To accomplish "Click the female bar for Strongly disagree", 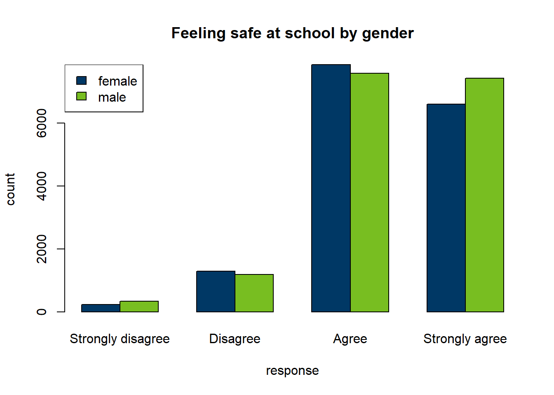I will (101, 308).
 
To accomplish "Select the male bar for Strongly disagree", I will (139, 307).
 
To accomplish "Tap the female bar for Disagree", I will (216, 291).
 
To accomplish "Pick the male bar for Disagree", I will (254, 293).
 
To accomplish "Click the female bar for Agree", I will (331, 188).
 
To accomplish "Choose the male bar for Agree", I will (370, 193).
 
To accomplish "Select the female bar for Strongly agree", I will (446, 208).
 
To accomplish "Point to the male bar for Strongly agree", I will (485, 195).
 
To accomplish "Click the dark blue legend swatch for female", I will (82, 80).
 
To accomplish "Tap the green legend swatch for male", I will (82, 96).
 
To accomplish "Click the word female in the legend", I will (117, 81).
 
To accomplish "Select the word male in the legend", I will (112, 98).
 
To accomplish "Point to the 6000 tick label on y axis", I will (42, 123).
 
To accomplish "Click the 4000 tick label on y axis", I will (42, 186).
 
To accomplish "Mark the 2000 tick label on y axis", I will (42, 249).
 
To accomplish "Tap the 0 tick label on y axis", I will (42, 312).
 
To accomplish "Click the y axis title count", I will (10, 189).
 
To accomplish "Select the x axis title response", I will (292, 371).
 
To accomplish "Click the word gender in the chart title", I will (388, 34).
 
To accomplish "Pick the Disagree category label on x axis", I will (235, 339).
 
